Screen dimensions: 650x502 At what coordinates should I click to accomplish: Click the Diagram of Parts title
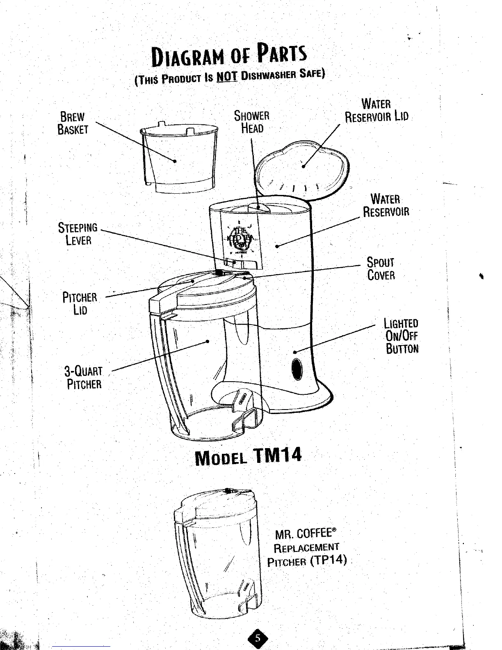pyautogui.click(x=229, y=57)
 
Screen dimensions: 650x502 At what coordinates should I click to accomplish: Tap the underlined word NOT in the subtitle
pyautogui.click(x=226, y=77)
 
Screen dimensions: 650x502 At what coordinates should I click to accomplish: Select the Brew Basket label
pyautogui.click(x=73, y=123)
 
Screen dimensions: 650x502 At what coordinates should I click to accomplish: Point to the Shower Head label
pyautogui.click(x=251, y=122)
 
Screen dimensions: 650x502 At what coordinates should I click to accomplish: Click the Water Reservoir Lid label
pyautogui.click(x=376, y=110)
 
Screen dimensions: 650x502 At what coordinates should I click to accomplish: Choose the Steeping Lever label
pyautogui.click(x=78, y=233)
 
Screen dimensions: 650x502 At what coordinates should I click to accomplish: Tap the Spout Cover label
pyautogui.click(x=381, y=268)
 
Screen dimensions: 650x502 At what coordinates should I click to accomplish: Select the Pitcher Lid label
pyautogui.click(x=80, y=303)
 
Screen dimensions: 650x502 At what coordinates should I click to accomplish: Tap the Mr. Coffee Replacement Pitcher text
pyautogui.click(x=306, y=547)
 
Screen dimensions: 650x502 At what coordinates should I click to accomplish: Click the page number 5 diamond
pyautogui.click(x=257, y=639)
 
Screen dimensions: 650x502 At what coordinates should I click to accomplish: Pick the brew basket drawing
pyautogui.click(x=178, y=158)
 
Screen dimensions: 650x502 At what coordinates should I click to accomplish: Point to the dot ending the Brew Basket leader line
pyautogui.click(x=175, y=161)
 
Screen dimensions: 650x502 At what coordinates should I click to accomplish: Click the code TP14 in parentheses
pyautogui.click(x=329, y=561)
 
